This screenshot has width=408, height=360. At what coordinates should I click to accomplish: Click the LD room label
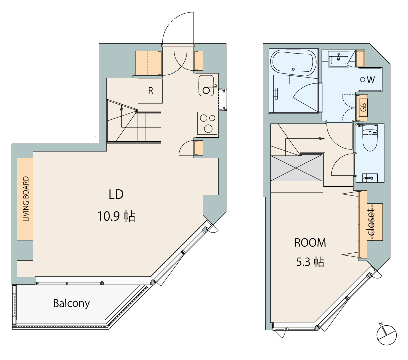[x=116, y=194]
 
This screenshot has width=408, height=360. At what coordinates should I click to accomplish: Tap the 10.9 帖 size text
[x=116, y=216]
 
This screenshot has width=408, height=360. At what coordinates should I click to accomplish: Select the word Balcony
[x=71, y=303]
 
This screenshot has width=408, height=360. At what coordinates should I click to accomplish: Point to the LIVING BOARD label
[x=26, y=199]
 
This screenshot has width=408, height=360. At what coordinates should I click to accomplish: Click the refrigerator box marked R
[x=150, y=91]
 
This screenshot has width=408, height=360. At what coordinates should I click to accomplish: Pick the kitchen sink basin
[x=206, y=86]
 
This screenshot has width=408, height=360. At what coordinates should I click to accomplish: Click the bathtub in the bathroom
[x=293, y=63]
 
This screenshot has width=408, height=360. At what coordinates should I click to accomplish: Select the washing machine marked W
[x=370, y=80]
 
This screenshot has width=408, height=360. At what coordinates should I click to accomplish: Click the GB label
[x=363, y=107]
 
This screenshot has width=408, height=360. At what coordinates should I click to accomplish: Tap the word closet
[x=372, y=222]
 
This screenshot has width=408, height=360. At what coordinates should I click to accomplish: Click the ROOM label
[x=310, y=243]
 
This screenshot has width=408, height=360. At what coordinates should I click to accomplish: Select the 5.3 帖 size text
[x=310, y=262]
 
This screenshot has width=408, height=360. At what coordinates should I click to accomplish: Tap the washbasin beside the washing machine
[x=338, y=59]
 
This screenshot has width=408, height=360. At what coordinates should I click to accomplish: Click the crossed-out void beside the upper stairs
[x=296, y=168]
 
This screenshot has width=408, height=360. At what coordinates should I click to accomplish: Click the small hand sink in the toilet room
[x=370, y=178]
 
